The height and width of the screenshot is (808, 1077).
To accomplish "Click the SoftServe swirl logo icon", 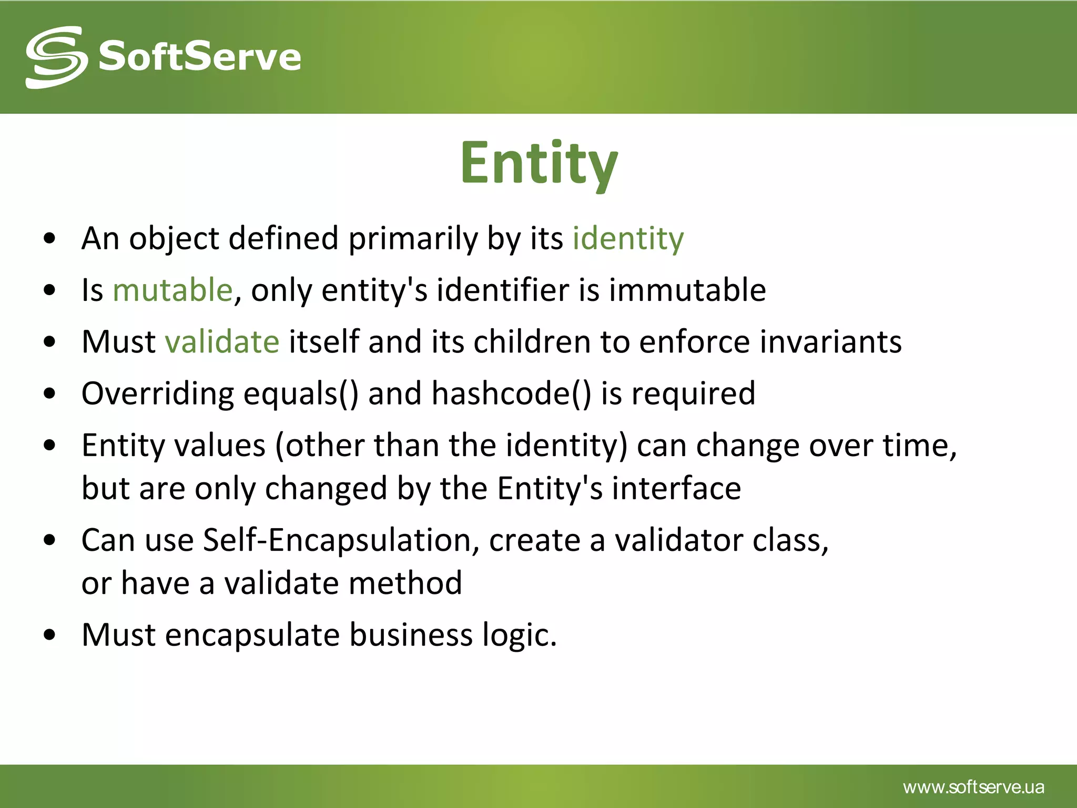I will point(56,57).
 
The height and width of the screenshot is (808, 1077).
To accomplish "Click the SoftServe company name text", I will point(200,57).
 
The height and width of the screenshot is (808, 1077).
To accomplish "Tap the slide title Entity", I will point(538,163).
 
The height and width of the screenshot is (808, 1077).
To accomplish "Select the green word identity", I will point(628,238).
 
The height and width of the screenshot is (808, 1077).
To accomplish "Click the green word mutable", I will point(172,290).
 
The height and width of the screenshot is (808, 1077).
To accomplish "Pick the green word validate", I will point(222,341).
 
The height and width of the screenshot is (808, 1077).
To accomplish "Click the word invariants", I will point(830,341).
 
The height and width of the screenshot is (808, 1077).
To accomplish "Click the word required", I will point(693,393).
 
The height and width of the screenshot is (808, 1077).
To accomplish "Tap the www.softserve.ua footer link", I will point(973,787).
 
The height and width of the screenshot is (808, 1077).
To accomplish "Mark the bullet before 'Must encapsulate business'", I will point(50,635).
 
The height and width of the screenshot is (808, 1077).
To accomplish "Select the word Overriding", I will point(157,393).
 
